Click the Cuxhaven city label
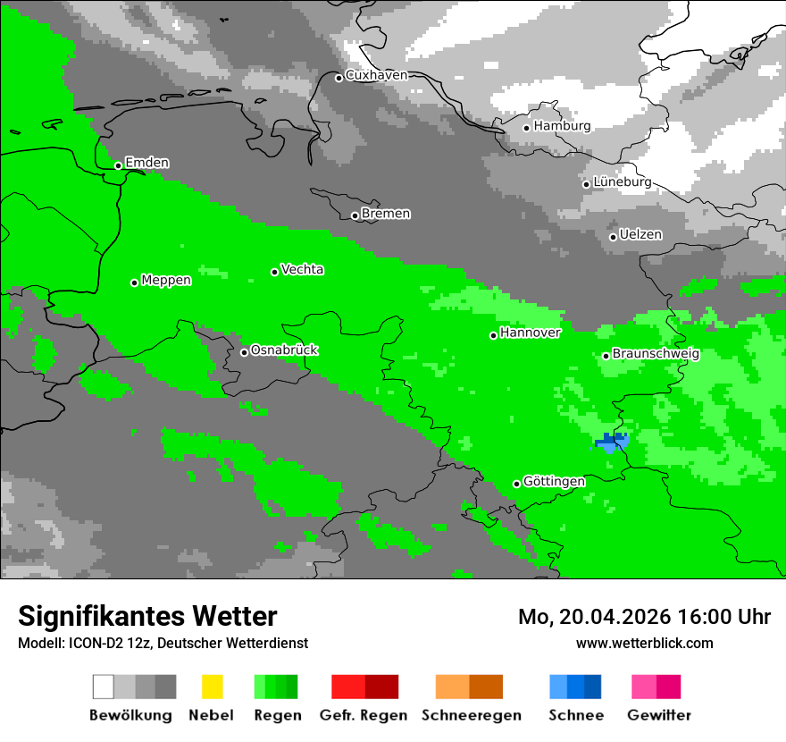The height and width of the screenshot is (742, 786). coord(376,76)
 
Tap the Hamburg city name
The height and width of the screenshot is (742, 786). coord(562,126)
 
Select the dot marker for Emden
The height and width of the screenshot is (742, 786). coord(118,165)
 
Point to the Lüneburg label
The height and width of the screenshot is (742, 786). coord(622,181)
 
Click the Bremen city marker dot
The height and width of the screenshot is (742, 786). coord(355,215)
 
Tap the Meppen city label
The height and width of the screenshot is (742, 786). coord(166,281)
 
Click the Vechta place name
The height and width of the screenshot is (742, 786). coord(302,270)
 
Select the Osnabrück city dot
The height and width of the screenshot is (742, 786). coord(244,352)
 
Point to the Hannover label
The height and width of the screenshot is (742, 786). coord(531,333)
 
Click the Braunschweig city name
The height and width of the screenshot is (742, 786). coord(656,354)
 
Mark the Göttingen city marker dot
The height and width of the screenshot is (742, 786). coord(516,484)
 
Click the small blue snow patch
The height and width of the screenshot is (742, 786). coord(612,441)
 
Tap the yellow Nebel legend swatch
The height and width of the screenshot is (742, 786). coord(212,687)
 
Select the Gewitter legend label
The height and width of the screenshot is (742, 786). coord(658,715)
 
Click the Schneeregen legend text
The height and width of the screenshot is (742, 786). coord(471,715)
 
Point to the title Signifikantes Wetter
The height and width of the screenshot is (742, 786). coord(147,616)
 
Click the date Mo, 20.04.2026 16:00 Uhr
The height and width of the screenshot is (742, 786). coord(644,617)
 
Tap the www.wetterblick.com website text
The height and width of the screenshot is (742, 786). coord(644,643)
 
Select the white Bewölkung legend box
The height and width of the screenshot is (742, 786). coord(104,687)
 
